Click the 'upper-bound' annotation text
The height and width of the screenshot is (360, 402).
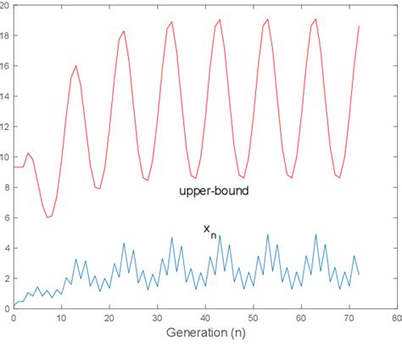click(214, 191)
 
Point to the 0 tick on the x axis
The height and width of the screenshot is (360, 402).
click(14, 318)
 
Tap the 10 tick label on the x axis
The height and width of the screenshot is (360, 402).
click(61, 318)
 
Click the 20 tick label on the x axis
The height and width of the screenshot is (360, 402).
click(109, 318)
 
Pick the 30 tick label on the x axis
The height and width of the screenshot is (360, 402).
click(157, 318)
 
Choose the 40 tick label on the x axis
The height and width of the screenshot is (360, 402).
click(205, 318)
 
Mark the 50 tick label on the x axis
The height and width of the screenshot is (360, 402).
click(253, 318)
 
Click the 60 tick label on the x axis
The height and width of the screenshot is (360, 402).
click(301, 318)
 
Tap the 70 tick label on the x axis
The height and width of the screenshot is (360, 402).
click(349, 318)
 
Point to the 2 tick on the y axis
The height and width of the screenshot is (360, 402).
click(6, 278)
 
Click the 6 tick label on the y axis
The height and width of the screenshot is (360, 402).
click(6, 218)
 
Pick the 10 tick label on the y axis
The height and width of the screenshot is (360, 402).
click(5, 157)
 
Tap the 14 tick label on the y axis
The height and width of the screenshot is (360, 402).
click(5, 97)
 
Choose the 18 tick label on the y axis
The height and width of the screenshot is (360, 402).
click(5, 36)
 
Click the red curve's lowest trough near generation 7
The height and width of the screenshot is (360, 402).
click(47, 217)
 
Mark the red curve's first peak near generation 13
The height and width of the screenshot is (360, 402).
click(76, 65)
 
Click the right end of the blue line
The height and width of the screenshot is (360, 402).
click(359, 274)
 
